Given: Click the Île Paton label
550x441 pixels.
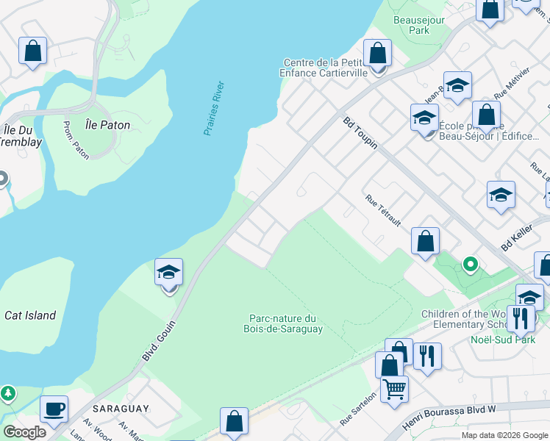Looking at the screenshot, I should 107,125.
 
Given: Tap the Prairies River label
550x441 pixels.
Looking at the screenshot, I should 214,108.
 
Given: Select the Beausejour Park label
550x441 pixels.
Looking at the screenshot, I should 419,26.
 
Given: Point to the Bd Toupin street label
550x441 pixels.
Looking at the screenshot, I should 360,132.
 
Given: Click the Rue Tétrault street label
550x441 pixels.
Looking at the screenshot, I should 382,210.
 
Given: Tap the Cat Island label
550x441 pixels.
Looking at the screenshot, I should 30,315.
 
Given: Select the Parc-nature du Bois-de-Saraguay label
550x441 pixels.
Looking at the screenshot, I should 282,323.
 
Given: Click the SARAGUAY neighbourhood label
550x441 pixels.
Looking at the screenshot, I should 121,408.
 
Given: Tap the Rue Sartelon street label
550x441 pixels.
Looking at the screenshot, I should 358,409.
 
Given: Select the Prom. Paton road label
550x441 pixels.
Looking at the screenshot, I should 76,140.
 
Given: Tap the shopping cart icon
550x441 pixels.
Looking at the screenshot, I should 395,387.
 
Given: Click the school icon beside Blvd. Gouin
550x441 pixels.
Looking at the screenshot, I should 168,273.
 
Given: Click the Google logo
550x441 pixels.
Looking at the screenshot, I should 24,432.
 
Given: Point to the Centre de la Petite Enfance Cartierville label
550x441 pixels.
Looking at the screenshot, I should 328,68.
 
